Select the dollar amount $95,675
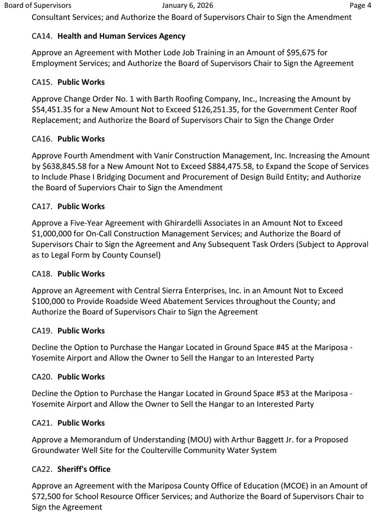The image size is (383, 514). click(303, 53)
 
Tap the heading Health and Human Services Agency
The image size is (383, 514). click(121, 36)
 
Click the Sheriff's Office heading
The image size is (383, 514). click(84, 469)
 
